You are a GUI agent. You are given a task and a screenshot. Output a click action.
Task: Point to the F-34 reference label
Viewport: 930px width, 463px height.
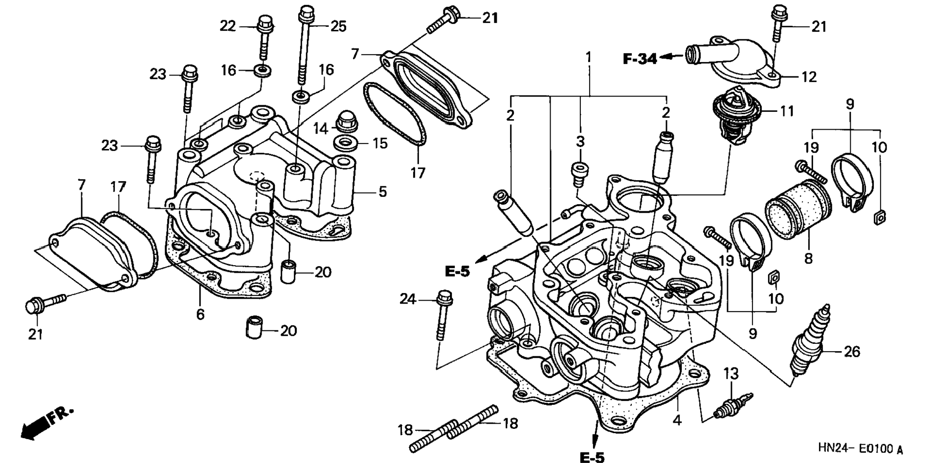639,59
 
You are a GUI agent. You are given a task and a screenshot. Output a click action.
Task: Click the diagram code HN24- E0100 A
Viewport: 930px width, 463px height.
860,449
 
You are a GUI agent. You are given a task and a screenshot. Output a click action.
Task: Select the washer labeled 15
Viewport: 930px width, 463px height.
345,143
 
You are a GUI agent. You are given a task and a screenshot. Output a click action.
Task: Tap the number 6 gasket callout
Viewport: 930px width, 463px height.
200,315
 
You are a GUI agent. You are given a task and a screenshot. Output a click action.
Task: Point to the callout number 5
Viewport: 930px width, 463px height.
382,192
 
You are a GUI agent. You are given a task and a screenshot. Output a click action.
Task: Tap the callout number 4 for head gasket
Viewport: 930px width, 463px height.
677,420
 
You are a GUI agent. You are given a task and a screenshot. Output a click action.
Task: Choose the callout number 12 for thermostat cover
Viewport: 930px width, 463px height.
809,77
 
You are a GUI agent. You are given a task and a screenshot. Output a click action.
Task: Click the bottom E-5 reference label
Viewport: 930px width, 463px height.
592,457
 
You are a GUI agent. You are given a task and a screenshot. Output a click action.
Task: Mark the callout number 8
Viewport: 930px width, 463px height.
808,258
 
